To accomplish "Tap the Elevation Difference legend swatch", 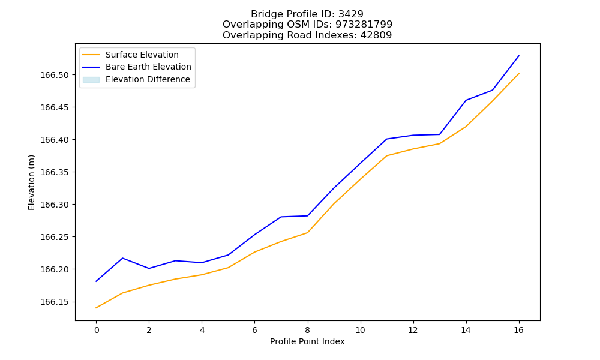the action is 91,80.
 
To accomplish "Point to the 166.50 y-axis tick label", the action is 55,75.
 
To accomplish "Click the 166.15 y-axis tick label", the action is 55,302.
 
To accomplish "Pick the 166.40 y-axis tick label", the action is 55,140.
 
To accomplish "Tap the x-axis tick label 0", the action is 97,330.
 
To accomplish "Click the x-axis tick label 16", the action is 518,330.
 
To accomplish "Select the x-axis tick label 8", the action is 308,330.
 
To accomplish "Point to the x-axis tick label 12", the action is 413,330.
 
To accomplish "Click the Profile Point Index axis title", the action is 307,341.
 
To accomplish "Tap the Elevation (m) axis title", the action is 31,182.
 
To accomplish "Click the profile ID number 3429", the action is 351,14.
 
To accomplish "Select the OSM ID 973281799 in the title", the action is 364,25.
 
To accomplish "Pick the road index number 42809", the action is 376,35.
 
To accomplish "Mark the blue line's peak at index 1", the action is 122,258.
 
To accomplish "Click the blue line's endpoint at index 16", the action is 519,56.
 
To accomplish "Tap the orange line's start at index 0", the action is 96,308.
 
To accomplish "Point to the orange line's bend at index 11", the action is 387,156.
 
